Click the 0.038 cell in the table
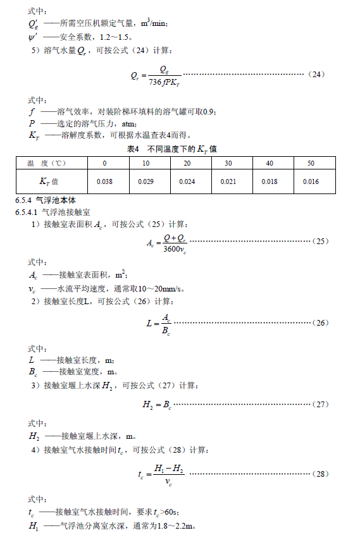pos(104,181)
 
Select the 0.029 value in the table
pos(146,181)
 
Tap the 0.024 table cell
pos(187,181)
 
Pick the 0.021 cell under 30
pos(228,181)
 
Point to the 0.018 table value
pos(269,181)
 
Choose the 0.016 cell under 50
pos(310,181)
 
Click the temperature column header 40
pos(269,163)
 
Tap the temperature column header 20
pos(187,163)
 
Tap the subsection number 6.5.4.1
pos(27,211)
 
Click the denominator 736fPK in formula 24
pos(164,82)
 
